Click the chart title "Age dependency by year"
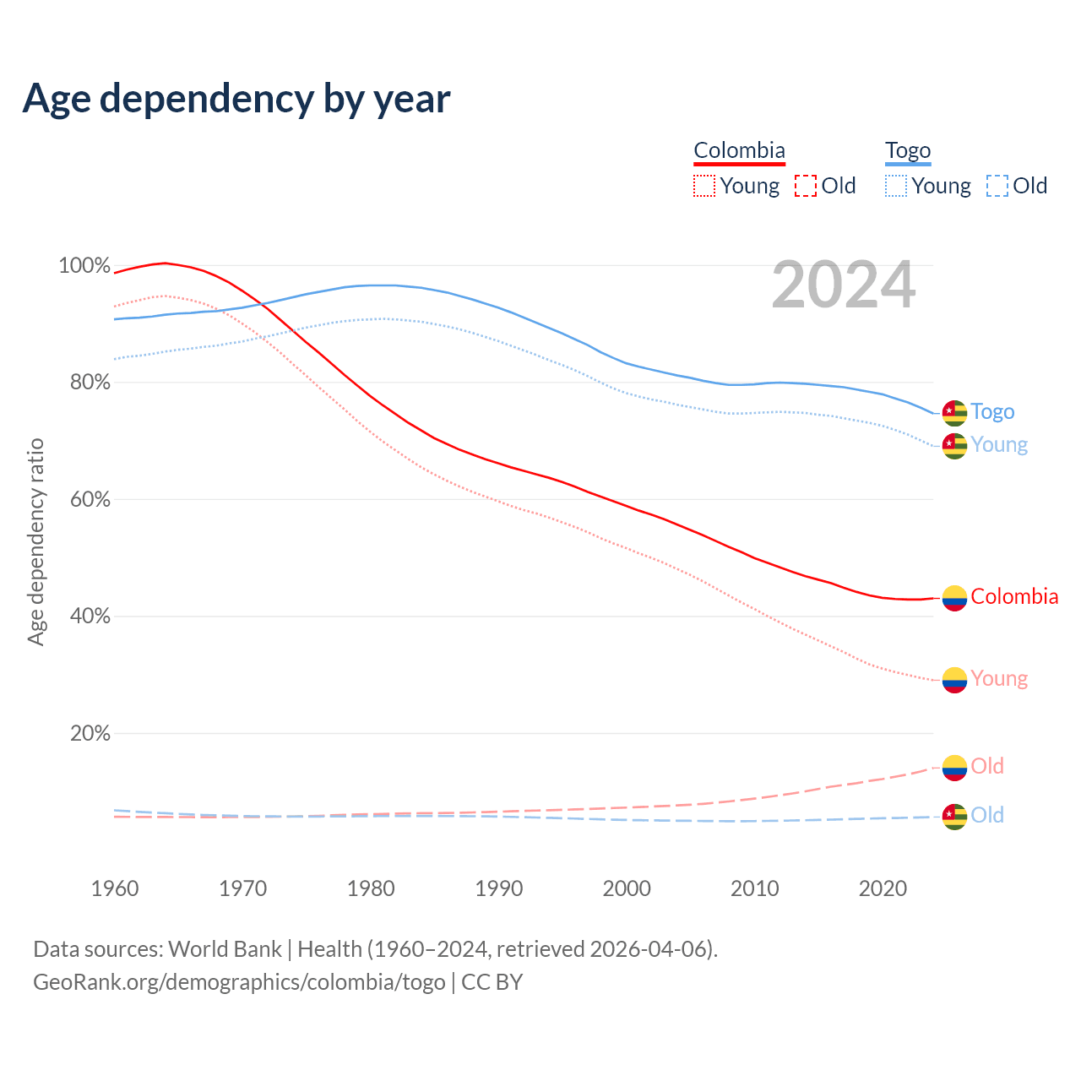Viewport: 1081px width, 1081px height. coord(236,99)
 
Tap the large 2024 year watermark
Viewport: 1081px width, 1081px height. coord(843,285)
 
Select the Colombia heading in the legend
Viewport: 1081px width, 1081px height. coord(739,150)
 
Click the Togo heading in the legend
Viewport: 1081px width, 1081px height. coord(908,150)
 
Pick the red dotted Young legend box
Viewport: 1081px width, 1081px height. coord(703,186)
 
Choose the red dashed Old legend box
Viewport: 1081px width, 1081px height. coord(806,186)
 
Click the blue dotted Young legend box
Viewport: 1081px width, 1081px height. coord(896,186)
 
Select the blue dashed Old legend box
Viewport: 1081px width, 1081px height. coord(997,186)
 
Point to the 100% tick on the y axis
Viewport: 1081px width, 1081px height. coord(84,266)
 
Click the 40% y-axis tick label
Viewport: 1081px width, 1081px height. coord(90,617)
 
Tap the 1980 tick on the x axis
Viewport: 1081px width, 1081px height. coord(371,888)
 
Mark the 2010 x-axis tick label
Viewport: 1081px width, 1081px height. coord(754,888)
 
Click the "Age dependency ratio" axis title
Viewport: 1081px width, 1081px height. coord(35,541)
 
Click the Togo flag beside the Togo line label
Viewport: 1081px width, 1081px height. coord(954,412)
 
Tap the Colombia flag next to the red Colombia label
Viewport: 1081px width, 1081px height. coord(954,598)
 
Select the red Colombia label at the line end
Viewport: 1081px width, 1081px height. coord(1014,597)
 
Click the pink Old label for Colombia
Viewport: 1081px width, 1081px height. coord(987,766)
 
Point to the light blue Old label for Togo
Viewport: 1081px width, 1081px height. coord(987,815)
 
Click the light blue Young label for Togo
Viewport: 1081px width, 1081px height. coord(999,445)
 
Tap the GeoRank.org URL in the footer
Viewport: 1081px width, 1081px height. coord(239,982)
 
